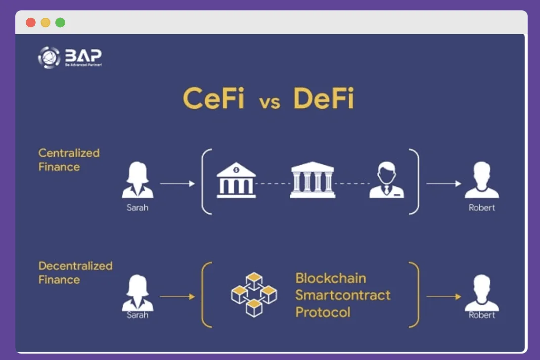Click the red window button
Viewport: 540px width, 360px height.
31,22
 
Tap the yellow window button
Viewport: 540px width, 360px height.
45,22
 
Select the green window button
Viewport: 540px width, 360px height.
60,22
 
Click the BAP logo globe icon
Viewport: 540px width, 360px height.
49,57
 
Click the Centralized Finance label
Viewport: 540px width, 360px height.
69,160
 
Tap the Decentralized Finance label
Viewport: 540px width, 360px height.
75,272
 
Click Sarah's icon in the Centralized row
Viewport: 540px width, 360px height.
137,181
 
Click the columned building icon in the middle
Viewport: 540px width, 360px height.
312,180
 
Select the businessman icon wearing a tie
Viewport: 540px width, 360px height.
387,181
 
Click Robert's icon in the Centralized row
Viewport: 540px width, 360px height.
482,181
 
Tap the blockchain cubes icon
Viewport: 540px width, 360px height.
254,294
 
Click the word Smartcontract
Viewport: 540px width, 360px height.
343,295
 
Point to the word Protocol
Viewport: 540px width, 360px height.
323,312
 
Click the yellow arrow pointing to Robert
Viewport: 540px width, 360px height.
444,296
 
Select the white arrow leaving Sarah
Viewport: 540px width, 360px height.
178,183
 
